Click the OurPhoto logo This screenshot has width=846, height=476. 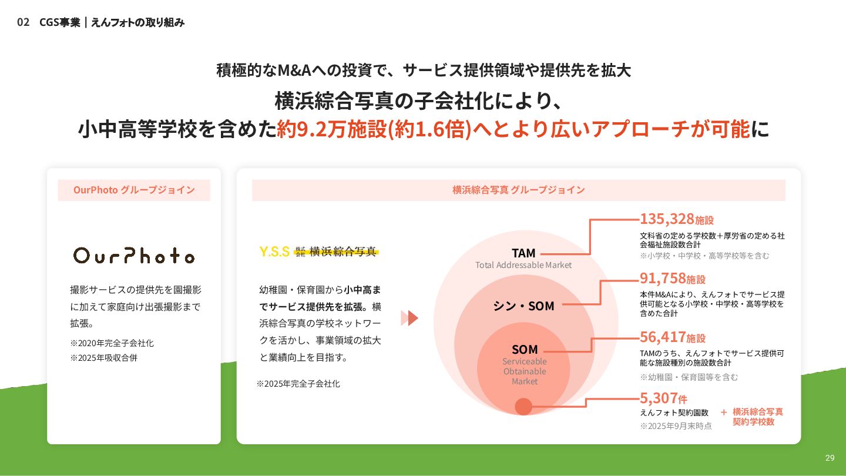pyautogui.click(x=134, y=255)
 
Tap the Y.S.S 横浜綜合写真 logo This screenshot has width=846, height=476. pyautogui.click(x=318, y=252)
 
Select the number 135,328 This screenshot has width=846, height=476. pyautogui.click(x=667, y=219)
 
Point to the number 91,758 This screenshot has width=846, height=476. pyautogui.click(x=663, y=278)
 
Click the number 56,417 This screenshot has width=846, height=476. pyautogui.click(x=663, y=337)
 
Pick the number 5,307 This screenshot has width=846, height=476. pyautogui.click(x=658, y=398)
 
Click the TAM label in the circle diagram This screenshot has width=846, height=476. pyautogui.click(x=523, y=253)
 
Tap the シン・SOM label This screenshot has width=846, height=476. pyautogui.click(x=523, y=306)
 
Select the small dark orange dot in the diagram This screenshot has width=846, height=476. pyautogui.click(x=523, y=407)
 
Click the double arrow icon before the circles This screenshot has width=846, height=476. pyautogui.click(x=409, y=318)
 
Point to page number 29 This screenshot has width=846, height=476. pyautogui.click(x=830, y=458)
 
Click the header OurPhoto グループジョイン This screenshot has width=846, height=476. pyautogui.click(x=134, y=190)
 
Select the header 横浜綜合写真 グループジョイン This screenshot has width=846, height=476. pyautogui.click(x=519, y=190)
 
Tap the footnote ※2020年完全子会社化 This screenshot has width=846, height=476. pyautogui.click(x=112, y=343)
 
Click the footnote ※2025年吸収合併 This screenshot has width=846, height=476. pyautogui.click(x=104, y=357)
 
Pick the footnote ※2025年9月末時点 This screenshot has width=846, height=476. pyautogui.click(x=676, y=426)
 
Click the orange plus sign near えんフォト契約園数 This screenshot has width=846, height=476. pyautogui.click(x=724, y=412)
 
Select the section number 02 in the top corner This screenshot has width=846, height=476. pyautogui.click(x=23, y=22)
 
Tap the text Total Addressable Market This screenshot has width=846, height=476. pyautogui.click(x=523, y=265)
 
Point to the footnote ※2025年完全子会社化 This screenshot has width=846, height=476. pyautogui.click(x=298, y=384)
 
